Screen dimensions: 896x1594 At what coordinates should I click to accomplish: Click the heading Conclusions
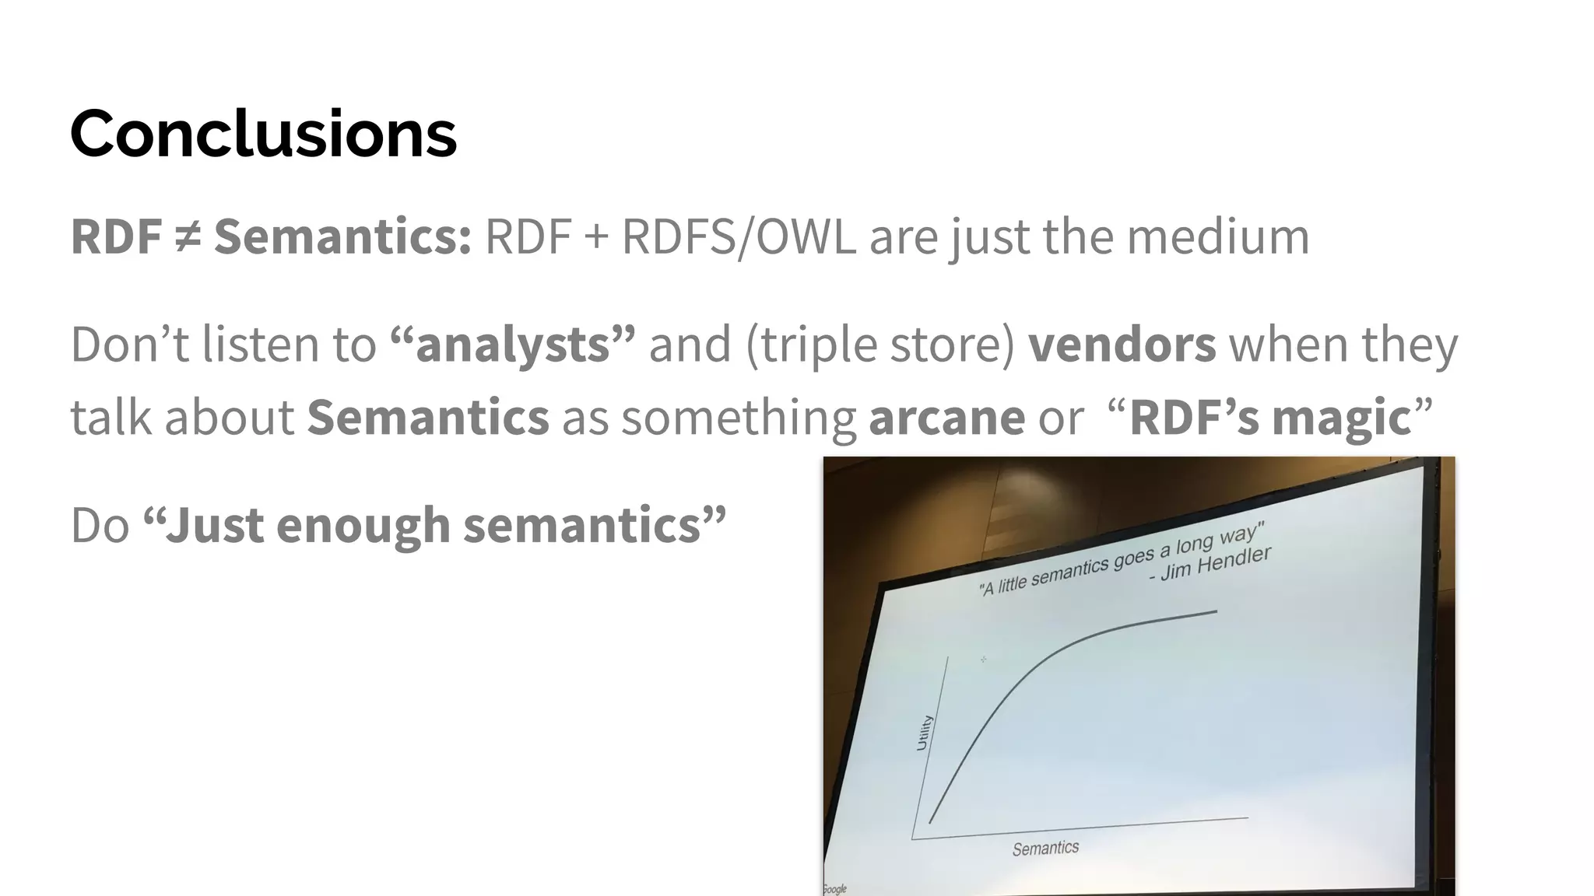pos(263,134)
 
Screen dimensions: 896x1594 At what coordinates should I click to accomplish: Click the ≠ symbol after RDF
pos(188,236)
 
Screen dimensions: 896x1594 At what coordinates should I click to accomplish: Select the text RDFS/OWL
pos(738,236)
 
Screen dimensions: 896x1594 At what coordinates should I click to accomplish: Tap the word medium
pos(1218,236)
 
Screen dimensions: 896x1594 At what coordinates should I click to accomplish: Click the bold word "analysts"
pos(513,345)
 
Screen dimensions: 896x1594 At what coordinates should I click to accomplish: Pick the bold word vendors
pos(1122,345)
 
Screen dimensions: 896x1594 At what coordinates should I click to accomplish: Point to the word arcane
pos(946,417)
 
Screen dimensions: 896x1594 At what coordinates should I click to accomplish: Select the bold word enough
pos(363,525)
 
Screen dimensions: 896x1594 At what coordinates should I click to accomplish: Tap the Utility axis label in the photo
pos(923,732)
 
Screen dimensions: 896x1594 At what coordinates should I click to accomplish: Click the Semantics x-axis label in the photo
pos(1045,848)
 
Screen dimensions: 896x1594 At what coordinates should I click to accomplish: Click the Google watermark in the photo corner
pos(834,888)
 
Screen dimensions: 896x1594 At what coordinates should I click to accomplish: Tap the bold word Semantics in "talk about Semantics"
pos(427,417)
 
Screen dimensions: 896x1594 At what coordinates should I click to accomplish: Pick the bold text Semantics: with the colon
pos(342,236)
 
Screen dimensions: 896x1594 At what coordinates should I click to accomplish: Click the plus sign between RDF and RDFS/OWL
pos(595,236)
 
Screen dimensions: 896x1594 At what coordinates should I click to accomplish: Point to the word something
pos(738,417)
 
